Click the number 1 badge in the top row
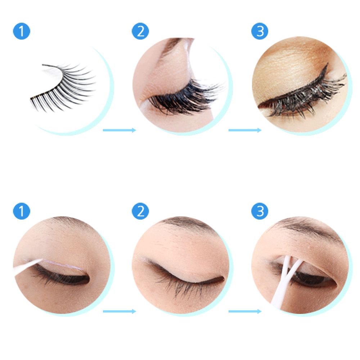coord(22,31)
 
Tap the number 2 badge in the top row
coord(140,31)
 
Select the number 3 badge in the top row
coord(260,31)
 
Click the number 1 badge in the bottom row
coord(22,211)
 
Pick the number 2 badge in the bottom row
coord(140,211)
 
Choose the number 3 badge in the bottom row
coord(260,211)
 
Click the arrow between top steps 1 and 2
coord(120,130)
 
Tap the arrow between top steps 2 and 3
coord(245,130)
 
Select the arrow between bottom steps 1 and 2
coord(120,311)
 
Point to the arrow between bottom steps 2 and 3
coord(245,311)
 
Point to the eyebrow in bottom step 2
coord(184,223)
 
